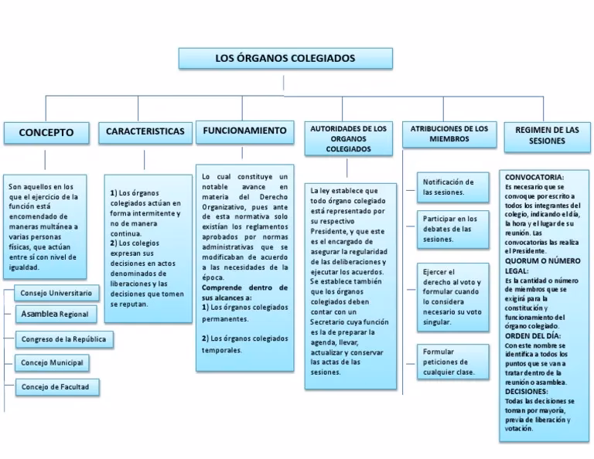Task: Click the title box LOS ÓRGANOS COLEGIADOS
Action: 285,59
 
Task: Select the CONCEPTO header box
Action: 46,132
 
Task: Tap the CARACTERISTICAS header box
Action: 145,131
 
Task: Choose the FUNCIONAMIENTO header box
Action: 244,131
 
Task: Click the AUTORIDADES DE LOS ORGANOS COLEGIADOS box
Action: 348,138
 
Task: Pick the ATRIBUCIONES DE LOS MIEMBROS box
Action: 449,134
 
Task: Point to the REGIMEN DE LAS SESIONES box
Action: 547,135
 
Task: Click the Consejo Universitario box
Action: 56,294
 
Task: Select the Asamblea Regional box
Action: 55,314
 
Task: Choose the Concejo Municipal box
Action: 52,362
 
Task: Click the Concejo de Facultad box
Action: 56,386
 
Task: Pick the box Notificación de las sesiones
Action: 452,187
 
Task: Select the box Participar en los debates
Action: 452,229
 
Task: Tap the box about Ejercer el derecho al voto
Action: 452,297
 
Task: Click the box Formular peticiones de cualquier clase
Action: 452,362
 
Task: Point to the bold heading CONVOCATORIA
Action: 534,177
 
